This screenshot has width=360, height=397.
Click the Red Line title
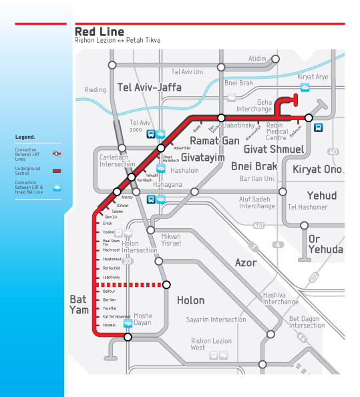[100, 31]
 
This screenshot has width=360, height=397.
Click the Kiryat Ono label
[318, 169]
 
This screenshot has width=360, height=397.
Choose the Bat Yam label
[79, 306]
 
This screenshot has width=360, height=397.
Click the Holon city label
[190, 300]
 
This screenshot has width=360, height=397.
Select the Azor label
[246, 263]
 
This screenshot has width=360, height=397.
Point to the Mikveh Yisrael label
[172, 240]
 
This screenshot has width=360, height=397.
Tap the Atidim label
[257, 59]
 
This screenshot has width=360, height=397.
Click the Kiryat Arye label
[314, 77]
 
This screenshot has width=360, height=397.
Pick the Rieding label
[96, 89]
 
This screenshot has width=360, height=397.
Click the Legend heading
[25, 137]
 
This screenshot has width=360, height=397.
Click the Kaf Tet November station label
[115, 316]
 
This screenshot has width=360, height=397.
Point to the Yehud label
[321, 195]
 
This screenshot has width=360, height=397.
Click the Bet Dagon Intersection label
[307, 322]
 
